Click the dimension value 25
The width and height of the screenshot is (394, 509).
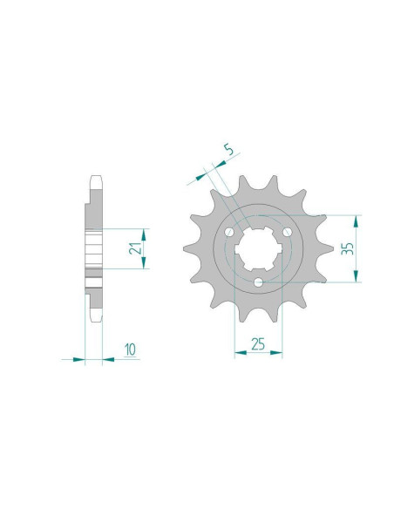pos(258,344)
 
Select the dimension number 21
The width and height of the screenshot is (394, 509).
pos(135,248)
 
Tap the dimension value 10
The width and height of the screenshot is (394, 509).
pos(130,350)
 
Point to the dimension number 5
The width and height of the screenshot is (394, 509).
pos(228,150)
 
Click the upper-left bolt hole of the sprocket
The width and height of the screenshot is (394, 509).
pos(230,232)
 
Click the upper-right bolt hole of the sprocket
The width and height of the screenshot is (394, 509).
pos(287,232)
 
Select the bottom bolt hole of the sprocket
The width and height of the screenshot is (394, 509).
pos(259,282)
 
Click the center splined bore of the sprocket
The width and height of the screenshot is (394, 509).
pos(258,248)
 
